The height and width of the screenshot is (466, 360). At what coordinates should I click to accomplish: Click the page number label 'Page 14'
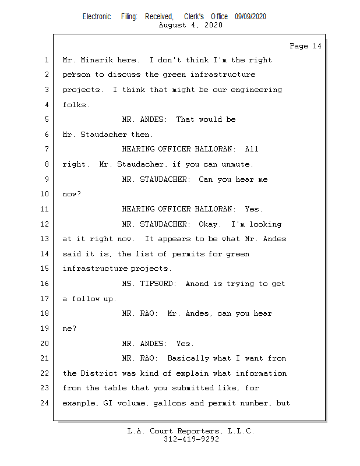coord(305,46)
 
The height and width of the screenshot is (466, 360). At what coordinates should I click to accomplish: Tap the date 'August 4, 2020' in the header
coord(190,25)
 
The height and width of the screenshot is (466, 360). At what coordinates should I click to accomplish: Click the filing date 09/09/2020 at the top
coord(250,17)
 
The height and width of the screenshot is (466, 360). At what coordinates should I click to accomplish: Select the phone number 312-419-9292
coord(191,439)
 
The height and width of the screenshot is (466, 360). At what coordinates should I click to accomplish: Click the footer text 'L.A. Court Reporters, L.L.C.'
coord(191,431)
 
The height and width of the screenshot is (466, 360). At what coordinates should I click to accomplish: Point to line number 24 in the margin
coord(46,403)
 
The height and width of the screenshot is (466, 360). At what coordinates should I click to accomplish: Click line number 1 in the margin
coord(46,60)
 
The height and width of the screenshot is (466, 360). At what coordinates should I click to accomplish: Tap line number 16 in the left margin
coord(46,284)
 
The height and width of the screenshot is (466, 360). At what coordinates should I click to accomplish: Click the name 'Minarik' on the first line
coord(92,60)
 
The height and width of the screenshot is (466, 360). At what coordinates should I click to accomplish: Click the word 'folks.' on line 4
coord(76,105)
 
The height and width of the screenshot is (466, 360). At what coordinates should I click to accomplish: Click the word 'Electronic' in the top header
coord(97,17)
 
